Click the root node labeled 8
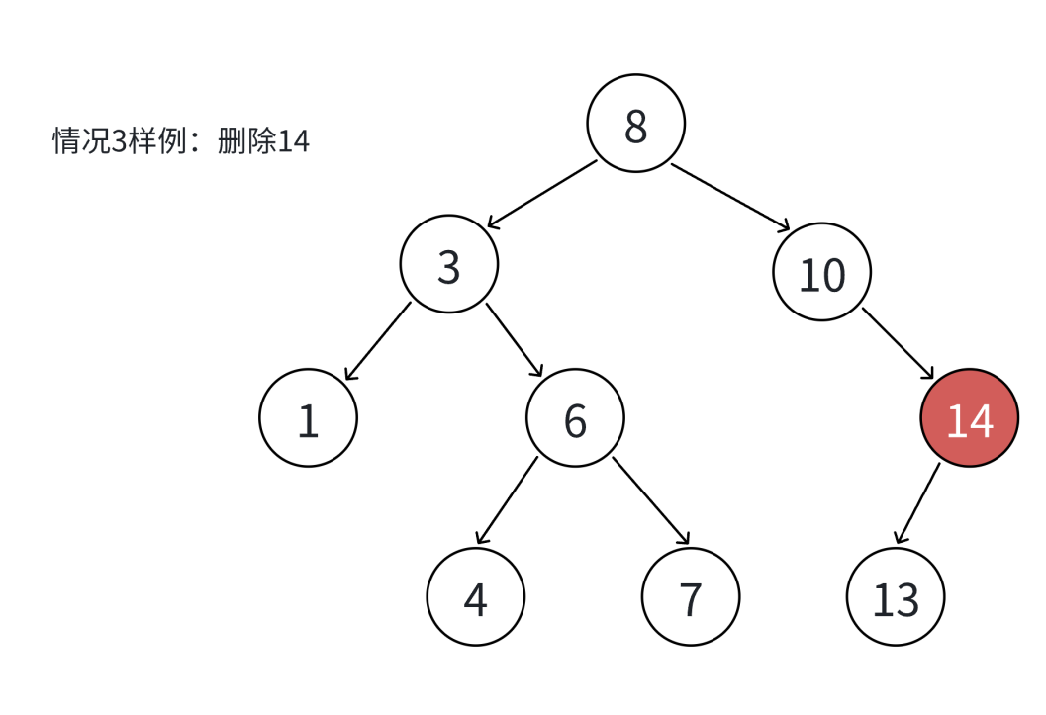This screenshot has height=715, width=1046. pos(635,124)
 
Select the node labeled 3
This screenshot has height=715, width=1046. pos(449,264)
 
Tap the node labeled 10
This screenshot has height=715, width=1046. pos(821,273)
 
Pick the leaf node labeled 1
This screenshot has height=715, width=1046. pos(308,418)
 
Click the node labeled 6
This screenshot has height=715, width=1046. pos(575,418)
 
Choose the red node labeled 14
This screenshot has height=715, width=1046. pos(969,418)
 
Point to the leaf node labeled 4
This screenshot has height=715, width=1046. pos(476,596)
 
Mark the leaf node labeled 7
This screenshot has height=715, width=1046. pos(690,596)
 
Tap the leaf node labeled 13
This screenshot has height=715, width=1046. pos(897,596)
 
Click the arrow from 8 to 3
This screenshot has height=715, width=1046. pos(541,194)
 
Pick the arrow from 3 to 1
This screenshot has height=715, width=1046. pos(377,341)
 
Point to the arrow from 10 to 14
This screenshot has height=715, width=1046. pos(898,343)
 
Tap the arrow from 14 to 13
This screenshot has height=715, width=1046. pos(917,503)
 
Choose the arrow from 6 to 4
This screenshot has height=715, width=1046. pos(507,501)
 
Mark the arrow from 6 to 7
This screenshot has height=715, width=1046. pos(650,501)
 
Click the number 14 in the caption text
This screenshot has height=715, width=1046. pos(294,141)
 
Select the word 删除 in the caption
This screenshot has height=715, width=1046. pos(247,141)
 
